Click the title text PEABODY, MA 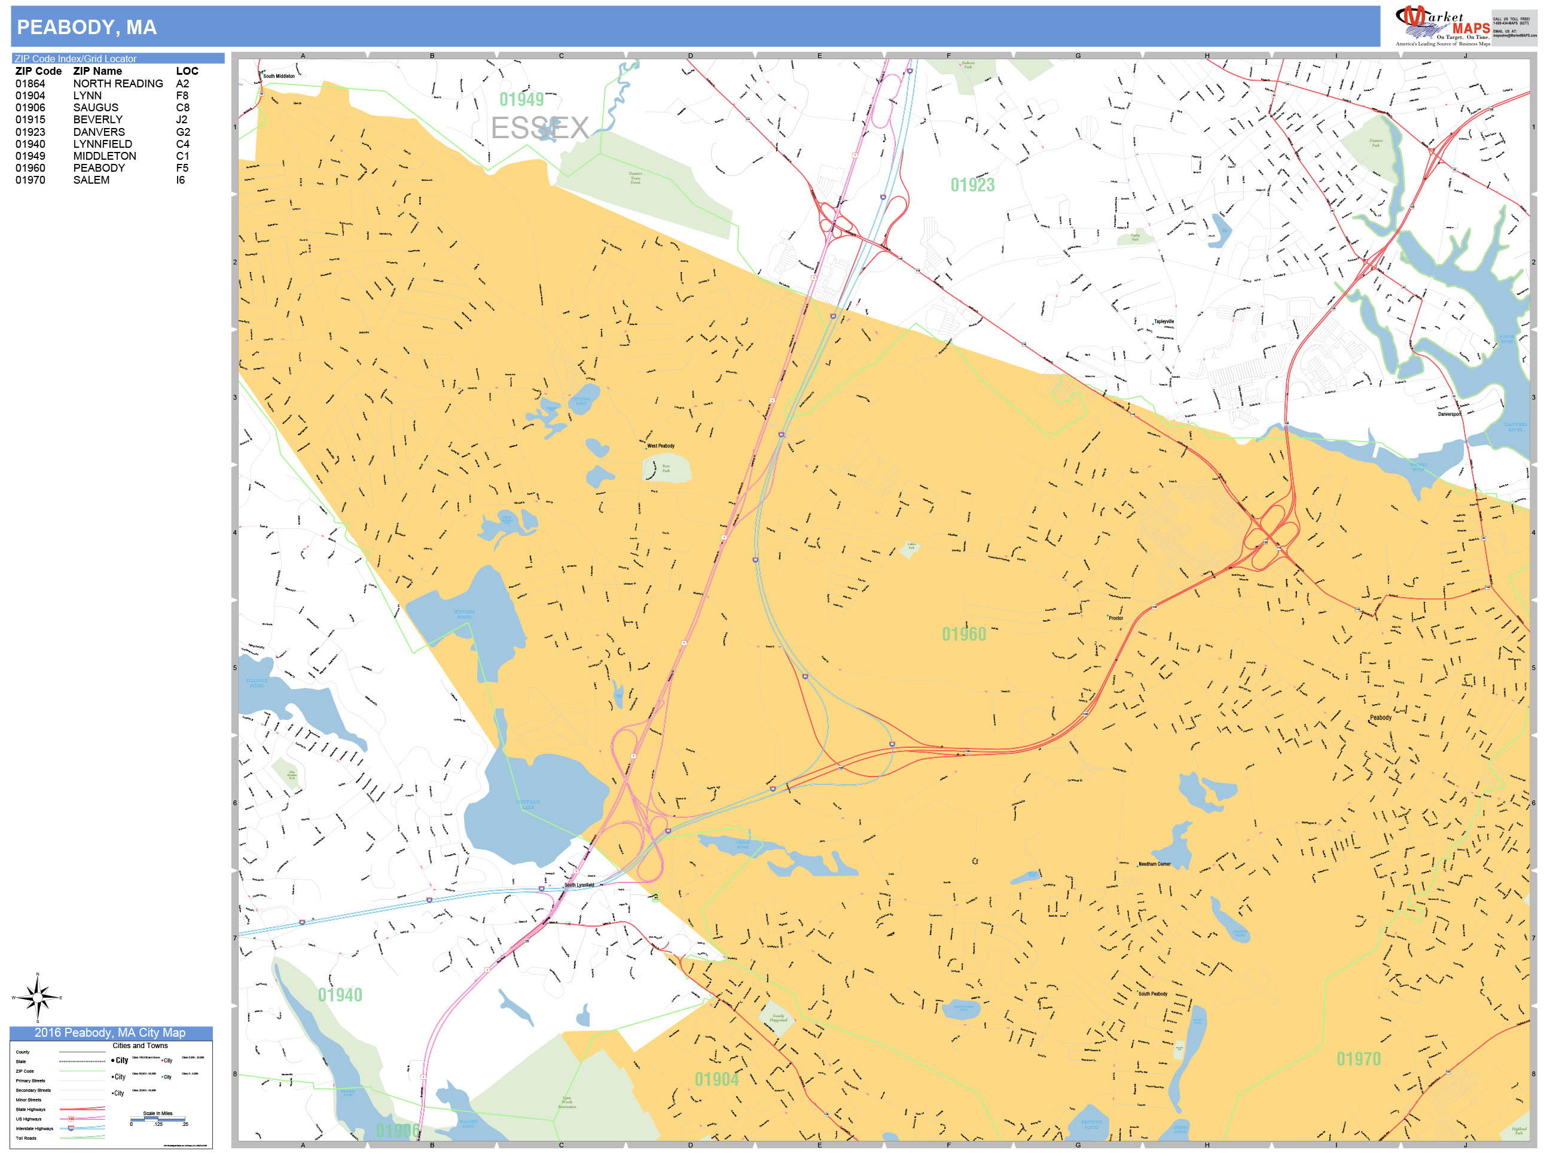click(87, 28)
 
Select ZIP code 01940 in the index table click(30, 144)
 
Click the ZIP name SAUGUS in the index click(96, 107)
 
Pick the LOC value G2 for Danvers click(183, 132)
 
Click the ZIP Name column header click(97, 71)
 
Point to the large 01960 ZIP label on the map click(963, 634)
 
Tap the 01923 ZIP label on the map click(972, 185)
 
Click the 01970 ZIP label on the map click(1358, 1058)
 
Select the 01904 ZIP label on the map click(716, 1079)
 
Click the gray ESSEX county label click(539, 127)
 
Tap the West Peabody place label click(660, 446)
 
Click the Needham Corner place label click(1154, 864)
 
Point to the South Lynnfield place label click(579, 885)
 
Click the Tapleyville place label click(1164, 322)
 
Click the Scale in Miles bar click(158, 1119)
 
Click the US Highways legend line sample click(82, 1119)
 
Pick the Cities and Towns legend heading click(140, 1045)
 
